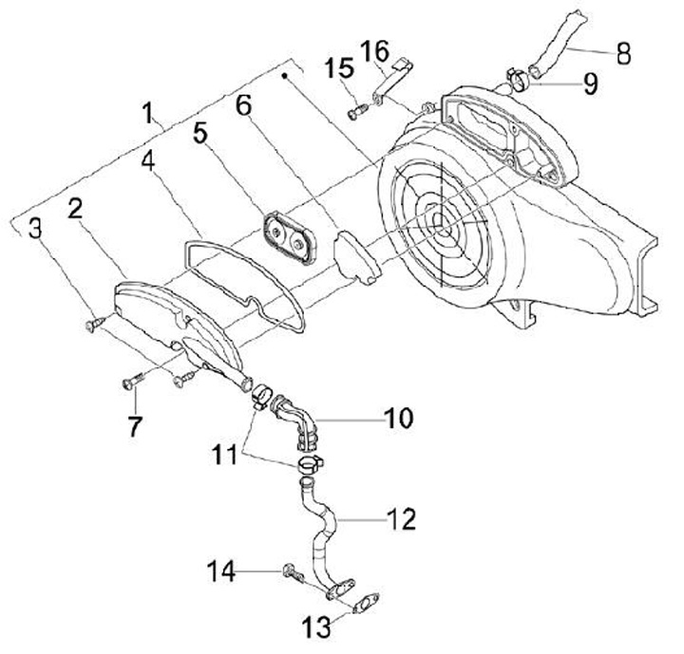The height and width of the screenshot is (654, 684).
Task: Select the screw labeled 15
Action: click(355, 111)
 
